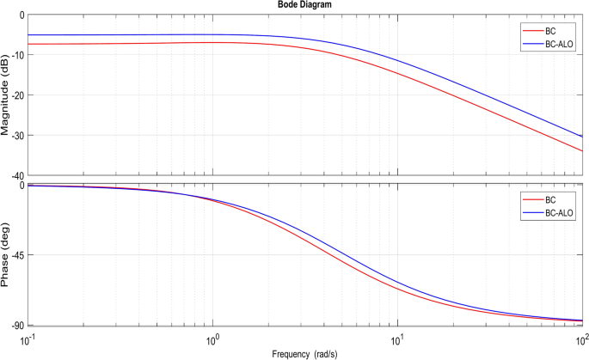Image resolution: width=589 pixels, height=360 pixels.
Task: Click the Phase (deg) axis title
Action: [x=7, y=255]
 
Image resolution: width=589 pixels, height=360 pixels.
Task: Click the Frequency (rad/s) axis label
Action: [x=306, y=353]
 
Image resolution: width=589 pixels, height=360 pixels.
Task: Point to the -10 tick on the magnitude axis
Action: [x=18, y=54]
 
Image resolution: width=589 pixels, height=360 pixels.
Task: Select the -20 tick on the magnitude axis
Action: [x=18, y=95]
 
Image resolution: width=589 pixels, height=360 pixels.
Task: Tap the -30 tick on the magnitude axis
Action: [x=18, y=135]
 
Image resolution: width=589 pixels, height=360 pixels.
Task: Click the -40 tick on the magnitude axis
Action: [x=18, y=174]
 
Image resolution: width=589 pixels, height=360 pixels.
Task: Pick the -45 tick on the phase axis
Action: [x=18, y=255]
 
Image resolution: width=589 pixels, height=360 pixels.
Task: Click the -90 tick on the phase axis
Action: [x=18, y=326]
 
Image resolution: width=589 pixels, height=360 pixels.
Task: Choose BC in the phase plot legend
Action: [x=539, y=199]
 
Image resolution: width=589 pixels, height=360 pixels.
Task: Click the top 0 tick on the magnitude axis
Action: [x=22, y=15]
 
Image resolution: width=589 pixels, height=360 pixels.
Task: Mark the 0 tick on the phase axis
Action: [x=22, y=185]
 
